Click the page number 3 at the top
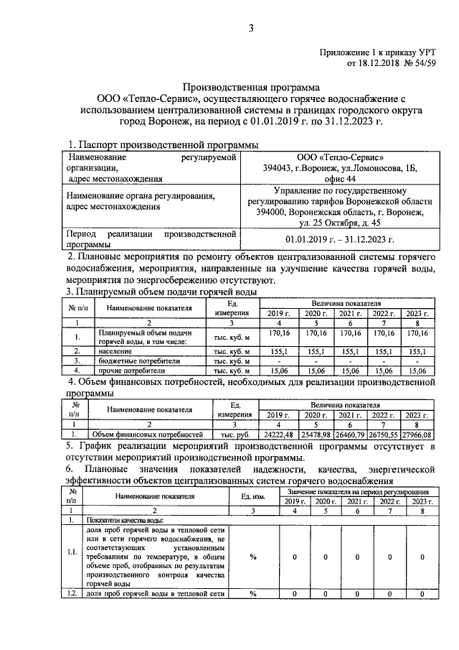pyautogui.click(x=251, y=28)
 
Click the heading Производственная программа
pyautogui.click(x=252, y=85)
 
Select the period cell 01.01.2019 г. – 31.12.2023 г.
pyautogui.click(x=341, y=239)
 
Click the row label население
pyautogui.click(x=115, y=351)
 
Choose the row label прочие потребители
pyautogui.click(x=128, y=370)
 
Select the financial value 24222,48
pyautogui.click(x=277, y=435)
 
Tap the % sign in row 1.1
pyautogui.click(x=252, y=556)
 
